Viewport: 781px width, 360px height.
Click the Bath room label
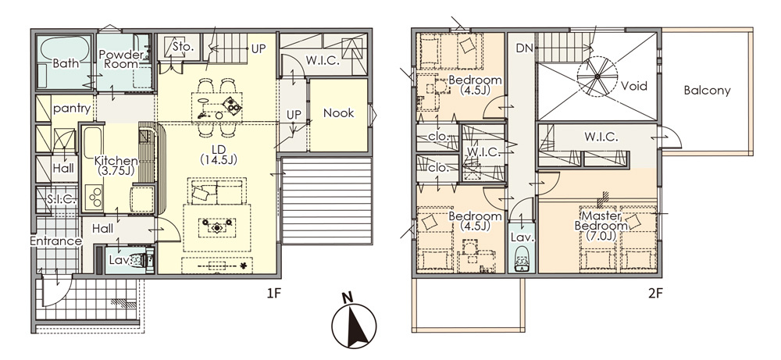[x=66, y=64]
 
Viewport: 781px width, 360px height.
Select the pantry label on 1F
[x=72, y=109]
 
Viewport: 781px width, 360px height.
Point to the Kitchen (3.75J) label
[x=116, y=166]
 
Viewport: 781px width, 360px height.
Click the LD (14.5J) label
[x=218, y=155]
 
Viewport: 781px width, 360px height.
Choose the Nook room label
[x=339, y=113]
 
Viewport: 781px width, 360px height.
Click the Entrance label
[x=55, y=241]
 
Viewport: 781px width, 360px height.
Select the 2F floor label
[x=655, y=293]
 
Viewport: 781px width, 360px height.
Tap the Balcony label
[x=707, y=91]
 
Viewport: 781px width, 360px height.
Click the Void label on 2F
[x=634, y=86]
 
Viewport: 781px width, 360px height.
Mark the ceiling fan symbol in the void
[x=597, y=77]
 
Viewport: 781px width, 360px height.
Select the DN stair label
[x=525, y=48]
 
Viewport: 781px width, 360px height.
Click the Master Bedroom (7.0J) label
[x=601, y=226]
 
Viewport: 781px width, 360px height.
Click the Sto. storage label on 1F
[x=182, y=47]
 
